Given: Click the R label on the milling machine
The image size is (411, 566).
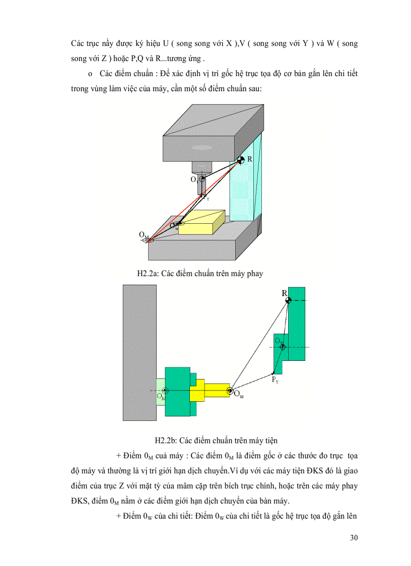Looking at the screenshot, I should tap(250, 159).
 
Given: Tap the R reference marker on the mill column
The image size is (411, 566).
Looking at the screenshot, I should tap(241, 160).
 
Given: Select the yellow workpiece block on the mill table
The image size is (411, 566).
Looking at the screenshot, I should tap(198, 223).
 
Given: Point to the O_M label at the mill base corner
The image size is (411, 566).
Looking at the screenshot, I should tap(144, 234).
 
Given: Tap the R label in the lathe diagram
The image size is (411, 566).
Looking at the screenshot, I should tap(285, 293).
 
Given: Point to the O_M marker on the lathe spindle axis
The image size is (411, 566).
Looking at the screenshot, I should tap(166, 391).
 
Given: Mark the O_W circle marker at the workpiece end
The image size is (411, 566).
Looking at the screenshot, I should tap(229, 390).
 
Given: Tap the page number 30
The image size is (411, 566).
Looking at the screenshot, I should tap(354, 537).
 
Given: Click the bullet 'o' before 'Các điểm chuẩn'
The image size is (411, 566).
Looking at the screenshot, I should tap(90, 74).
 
